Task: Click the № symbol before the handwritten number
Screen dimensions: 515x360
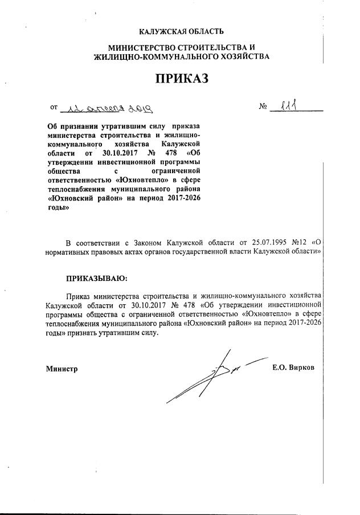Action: [263, 107]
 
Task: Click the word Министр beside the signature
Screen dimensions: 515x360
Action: [62, 369]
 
